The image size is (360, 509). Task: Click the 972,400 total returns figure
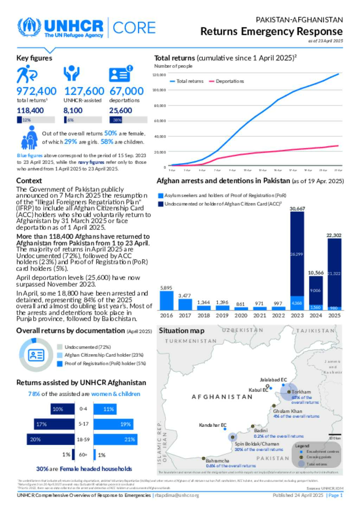tap(36, 91)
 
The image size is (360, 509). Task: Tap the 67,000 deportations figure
tap(127, 91)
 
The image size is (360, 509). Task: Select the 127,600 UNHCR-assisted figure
tap(84, 91)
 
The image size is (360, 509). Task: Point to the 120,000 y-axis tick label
tap(159, 75)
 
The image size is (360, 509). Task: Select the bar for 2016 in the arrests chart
tap(166, 300)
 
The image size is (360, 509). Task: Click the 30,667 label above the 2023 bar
tap(297, 209)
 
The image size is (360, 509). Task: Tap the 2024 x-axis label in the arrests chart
tap(315, 315)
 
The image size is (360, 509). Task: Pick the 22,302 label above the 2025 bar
tap(334, 235)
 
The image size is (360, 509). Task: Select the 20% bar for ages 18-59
tap(51, 439)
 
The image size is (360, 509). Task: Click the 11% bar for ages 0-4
tap(105, 409)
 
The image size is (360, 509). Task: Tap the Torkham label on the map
tap(301, 392)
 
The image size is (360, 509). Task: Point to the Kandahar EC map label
tap(213, 425)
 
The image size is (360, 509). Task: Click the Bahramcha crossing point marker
tap(203, 458)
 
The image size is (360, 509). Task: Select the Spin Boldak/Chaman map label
tap(257, 444)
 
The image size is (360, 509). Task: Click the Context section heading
tap(29, 181)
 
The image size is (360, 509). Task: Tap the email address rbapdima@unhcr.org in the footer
tap(177, 495)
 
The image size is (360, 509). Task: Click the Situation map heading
tap(181, 331)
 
